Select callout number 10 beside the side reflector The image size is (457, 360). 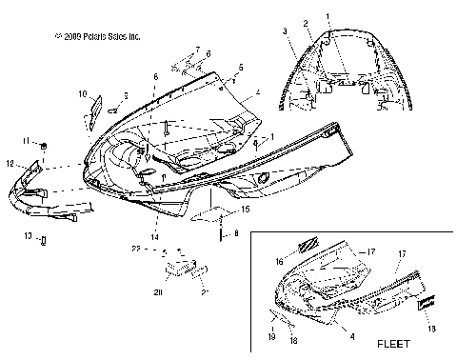(83, 93)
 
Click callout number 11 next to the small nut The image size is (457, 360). (29, 141)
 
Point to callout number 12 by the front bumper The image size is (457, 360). (10, 164)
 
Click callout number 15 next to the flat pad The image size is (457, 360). (244, 208)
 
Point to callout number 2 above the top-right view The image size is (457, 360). (306, 23)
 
